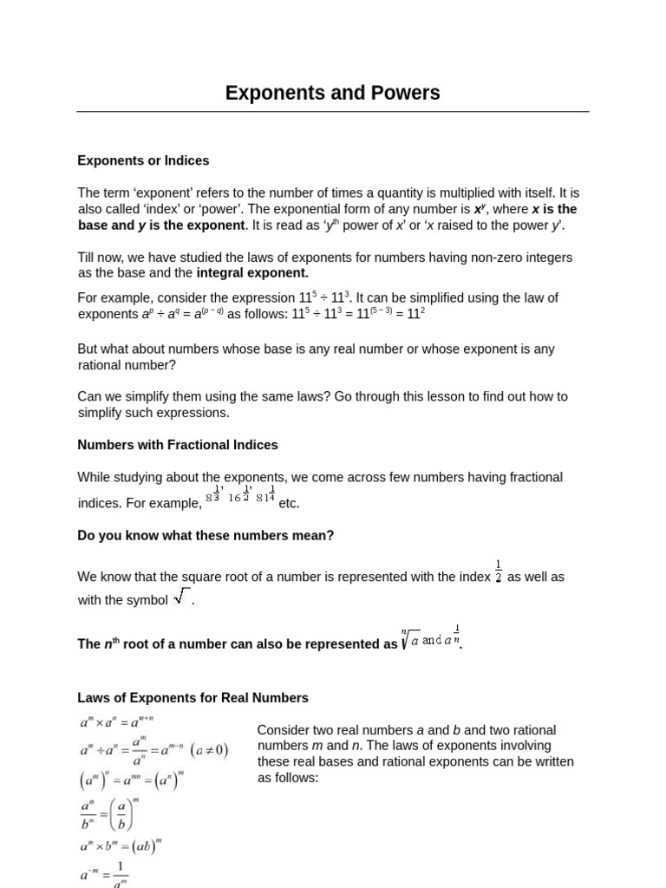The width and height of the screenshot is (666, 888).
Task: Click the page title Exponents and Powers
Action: coord(332,93)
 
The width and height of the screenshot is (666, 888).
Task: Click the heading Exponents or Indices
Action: coord(143,160)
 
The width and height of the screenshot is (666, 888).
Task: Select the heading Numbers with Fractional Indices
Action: coord(178,445)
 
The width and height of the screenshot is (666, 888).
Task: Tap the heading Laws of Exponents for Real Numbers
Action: coord(193,698)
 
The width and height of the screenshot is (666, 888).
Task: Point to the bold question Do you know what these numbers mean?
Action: coord(206,536)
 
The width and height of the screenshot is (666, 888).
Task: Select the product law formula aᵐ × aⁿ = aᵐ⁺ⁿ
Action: coord(116,722)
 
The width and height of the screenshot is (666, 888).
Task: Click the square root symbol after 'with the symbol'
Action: coord(181,597)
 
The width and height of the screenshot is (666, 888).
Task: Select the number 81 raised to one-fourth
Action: coord(265,496)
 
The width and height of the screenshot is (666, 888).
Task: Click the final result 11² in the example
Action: coord(416,313)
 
